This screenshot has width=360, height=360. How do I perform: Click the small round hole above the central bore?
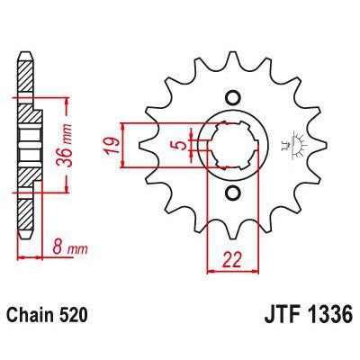[232, 98]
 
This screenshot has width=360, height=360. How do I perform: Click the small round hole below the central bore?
[232, 193]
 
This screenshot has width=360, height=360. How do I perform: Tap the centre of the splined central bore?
[232, 146]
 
